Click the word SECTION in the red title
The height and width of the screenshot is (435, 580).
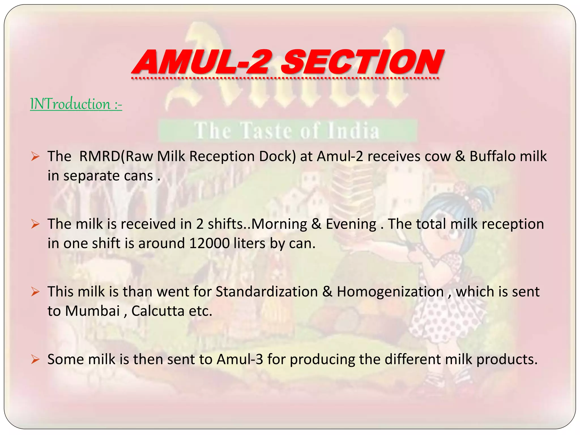tap(362, 62)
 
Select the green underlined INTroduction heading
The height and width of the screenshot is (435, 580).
tap(76, 104)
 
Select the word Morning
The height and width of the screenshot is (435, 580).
tap(279, 224)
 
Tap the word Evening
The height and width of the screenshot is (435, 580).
tap(351, 224)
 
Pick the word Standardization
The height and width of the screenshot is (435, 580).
tap(266, 292)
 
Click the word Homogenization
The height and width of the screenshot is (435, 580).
tap(390, 292)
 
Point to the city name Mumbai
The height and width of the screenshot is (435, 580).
tap(92, 311)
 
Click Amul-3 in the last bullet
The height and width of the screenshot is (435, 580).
tap(240, 359)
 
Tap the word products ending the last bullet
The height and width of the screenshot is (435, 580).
tap(507, 359)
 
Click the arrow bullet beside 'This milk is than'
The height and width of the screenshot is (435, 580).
tap(35, 292)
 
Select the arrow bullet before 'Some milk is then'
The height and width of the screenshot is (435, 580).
tap(35, 359)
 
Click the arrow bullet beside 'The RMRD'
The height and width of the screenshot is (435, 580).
tap(35, 156)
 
